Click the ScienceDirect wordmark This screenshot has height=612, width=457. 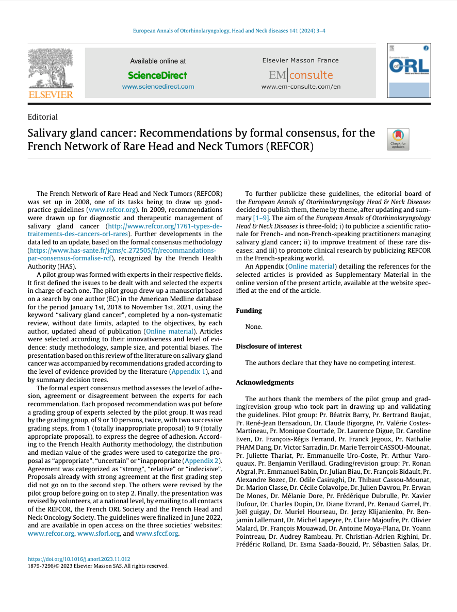click(158, 75)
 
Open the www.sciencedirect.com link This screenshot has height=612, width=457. click(158, 87)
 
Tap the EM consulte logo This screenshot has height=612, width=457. click(301, 75)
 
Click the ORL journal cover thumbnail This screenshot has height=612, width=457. click(409, 71)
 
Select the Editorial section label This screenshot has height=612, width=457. click(43, 117)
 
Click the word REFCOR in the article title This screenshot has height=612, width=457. click(289, 146)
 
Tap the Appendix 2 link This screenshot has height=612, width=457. click(202, 460)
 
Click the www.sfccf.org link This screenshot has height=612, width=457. click(157, 534)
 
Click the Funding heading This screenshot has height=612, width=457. click(249, 310)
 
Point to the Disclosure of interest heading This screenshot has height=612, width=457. click(269, 346)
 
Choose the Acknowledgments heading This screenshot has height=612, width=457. click(265, 382)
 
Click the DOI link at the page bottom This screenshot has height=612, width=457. click(79, 559)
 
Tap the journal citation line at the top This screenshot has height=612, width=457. click(229, 31)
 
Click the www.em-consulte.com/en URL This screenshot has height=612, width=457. click(301, 87)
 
